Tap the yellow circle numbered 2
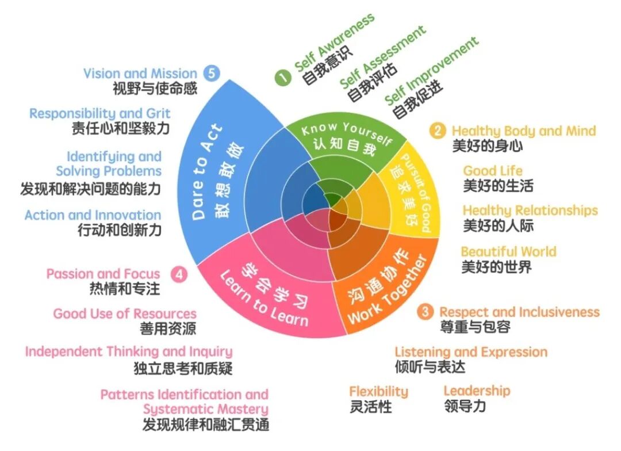[x=438, y=131]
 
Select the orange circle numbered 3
[x=425, y=312]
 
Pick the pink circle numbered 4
[x=180, y=274]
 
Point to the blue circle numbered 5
[x=212, y=74]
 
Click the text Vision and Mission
[x=140, y=74]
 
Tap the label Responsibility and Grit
[x=99, y=113]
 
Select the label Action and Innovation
[x=93, y=215]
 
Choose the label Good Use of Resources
[x=125, y=314]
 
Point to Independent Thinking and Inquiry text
[x=129, y=351]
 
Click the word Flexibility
[x=378, y=392]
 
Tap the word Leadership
[x=477, y=391]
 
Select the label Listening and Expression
[x=471, y=352]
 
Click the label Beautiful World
[x=508, y=251]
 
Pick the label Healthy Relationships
[x=530, y=210]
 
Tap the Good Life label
[x=493, y=171]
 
